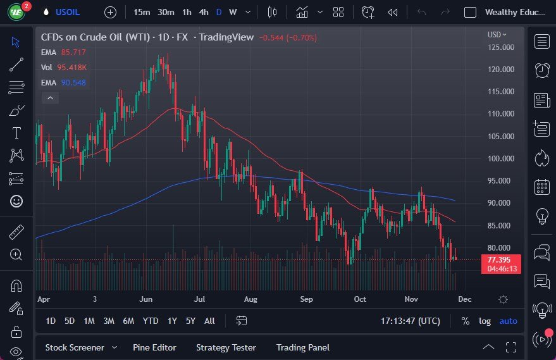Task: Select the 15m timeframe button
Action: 142,12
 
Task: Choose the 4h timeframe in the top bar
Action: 203,12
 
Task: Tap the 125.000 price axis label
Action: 500,47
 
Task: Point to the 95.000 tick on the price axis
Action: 500,181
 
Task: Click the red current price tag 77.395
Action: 500,260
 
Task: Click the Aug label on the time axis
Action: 250,299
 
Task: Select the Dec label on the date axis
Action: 465,299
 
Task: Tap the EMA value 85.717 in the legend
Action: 73,52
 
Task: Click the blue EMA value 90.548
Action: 73,82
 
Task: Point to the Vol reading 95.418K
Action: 72,67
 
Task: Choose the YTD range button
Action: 150,321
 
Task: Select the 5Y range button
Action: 190,321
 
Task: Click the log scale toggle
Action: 485,321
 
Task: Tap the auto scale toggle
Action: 508,321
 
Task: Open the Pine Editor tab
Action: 154,347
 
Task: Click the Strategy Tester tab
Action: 226,347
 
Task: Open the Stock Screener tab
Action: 74,347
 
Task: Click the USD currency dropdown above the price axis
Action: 497,35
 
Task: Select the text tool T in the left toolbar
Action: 16,133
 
